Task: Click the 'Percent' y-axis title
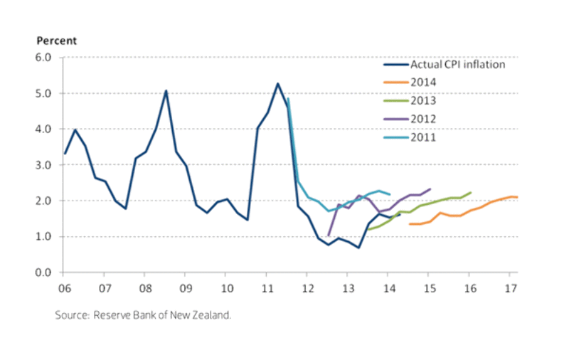coord(56,41)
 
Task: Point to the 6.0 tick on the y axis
coord(44,58)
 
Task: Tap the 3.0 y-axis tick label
coord(44,165)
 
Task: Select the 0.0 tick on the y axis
coord(44,272)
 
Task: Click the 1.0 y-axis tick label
coord(44,237)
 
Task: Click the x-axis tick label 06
coord(63,287)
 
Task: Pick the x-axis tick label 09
coord(185,287)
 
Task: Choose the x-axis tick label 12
coord(307,287)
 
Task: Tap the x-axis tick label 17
coord(509,287)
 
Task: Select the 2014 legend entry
coord(423,83)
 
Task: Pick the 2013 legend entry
coord(423,101)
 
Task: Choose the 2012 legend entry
coord(423,119)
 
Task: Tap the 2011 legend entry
coord(423,137)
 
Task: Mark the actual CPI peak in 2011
coord(277,83)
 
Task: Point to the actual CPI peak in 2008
coord(166,90)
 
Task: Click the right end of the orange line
coord(517,197)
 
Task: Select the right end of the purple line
coord(430,189)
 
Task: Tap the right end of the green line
coord(471,192)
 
